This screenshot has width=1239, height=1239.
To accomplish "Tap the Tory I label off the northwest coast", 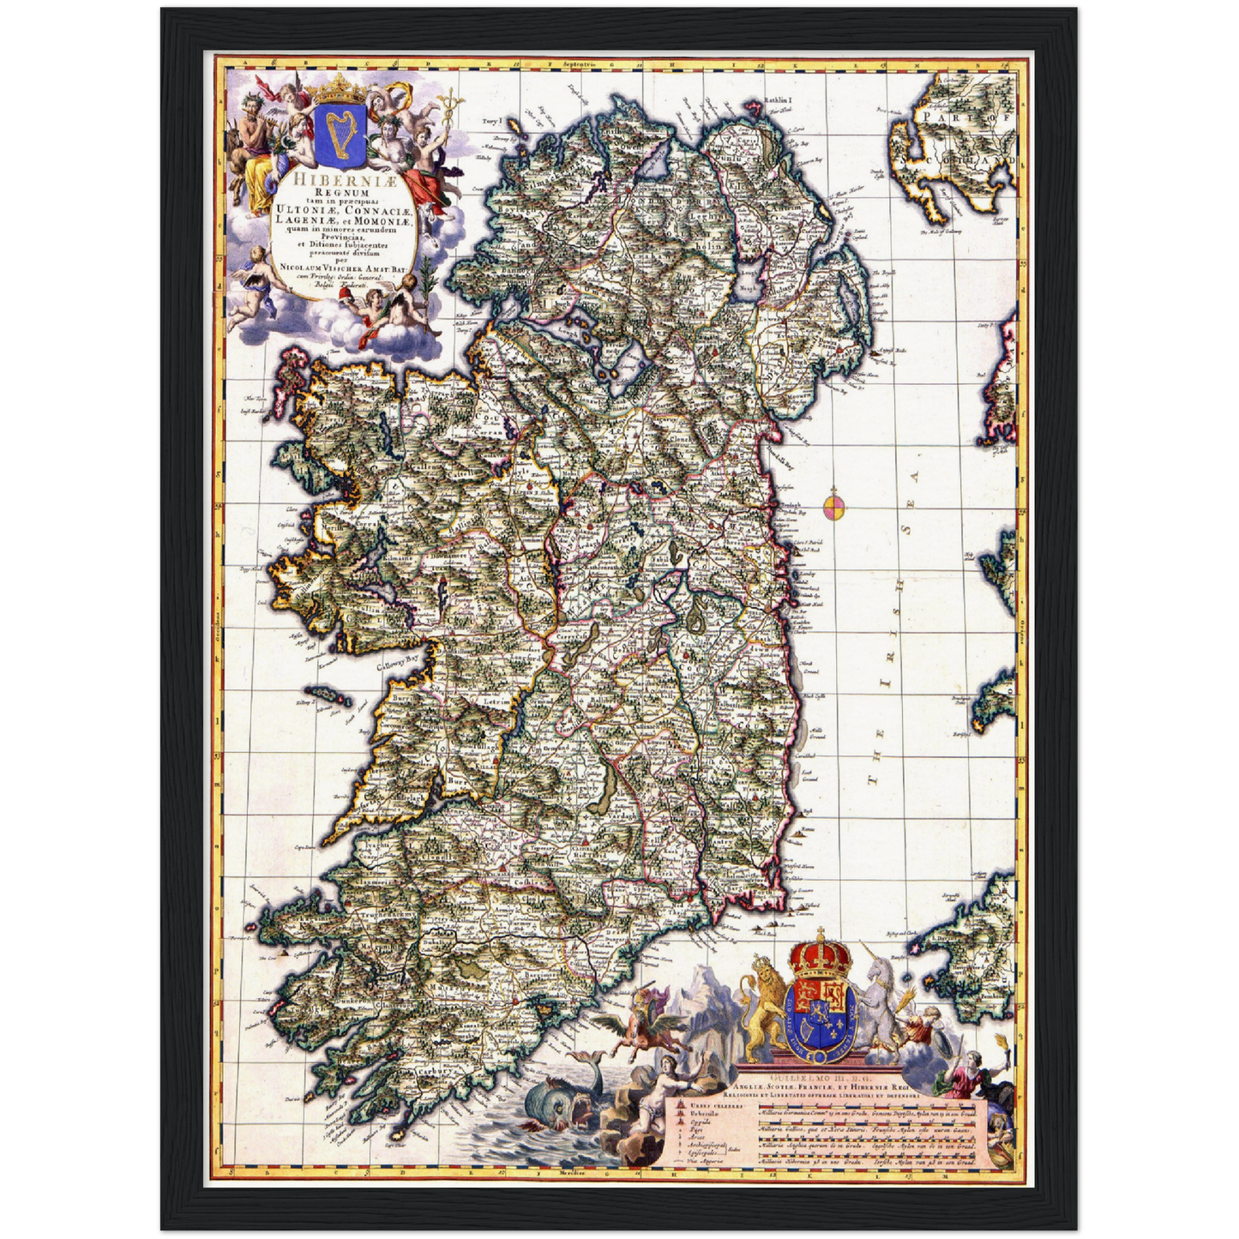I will pyautogui.click(x=490, y=122).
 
